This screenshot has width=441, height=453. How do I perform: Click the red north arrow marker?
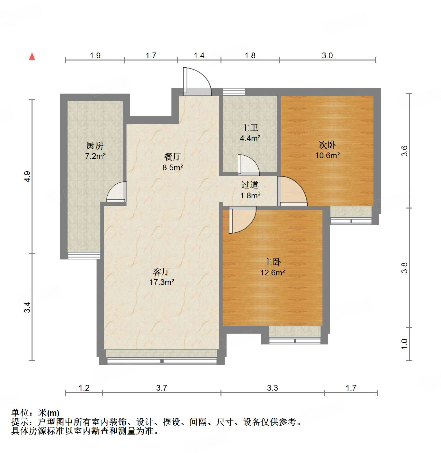[32, 56]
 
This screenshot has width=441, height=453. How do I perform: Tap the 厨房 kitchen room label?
[95, 146]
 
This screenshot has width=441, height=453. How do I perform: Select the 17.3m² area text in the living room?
[162, 282]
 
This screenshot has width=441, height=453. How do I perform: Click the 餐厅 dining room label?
[172, 157]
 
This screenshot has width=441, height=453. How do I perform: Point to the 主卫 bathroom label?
[249, 128]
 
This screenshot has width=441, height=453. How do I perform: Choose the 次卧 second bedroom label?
[327, 145]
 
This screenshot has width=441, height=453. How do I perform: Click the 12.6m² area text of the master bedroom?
[272, 273]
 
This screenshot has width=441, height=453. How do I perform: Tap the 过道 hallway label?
[249, 185]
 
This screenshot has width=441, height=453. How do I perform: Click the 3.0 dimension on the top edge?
[327, 56]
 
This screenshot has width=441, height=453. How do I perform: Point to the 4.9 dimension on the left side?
[27, 176]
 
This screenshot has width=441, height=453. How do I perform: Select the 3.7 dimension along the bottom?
[162, 388]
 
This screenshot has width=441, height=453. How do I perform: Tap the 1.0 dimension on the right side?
[404, 344]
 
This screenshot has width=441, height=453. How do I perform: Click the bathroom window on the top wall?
[234, 92]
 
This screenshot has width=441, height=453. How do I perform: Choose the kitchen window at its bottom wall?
[84, 255]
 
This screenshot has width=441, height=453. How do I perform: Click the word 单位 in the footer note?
[20, 413]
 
